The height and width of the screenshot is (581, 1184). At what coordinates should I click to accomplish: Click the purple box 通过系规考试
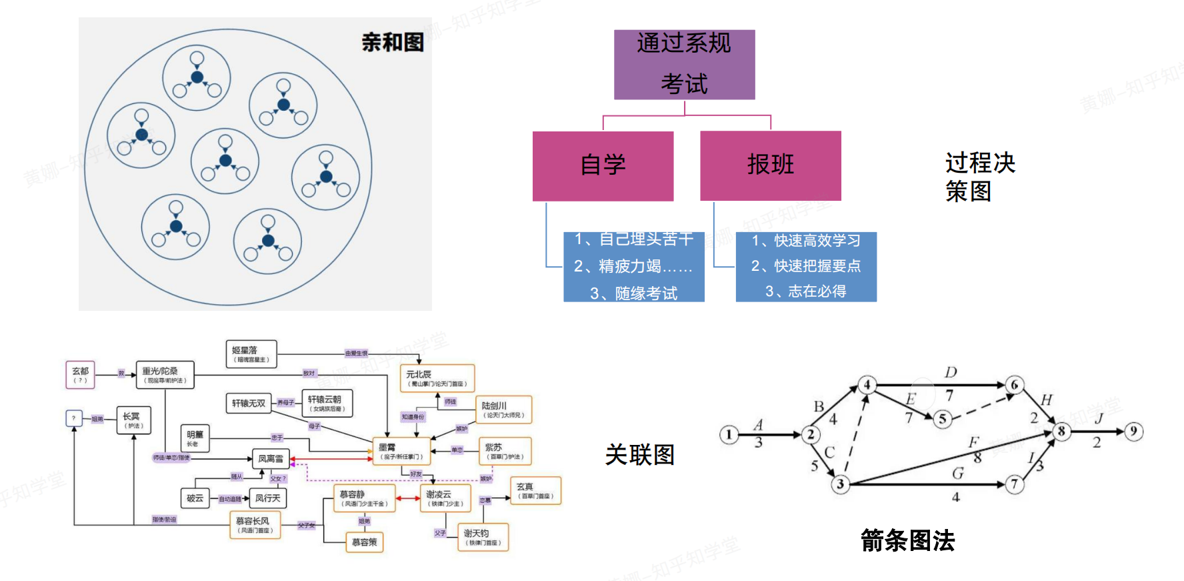click(684, 64)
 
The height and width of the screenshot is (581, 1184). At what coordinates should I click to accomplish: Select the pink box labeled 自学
click(603, 165)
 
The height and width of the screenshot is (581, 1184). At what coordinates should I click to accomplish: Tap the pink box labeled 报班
click(770, 165)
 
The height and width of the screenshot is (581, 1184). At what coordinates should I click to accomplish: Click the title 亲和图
click(393, 43)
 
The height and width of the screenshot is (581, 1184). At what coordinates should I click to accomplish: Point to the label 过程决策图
click(979, 177)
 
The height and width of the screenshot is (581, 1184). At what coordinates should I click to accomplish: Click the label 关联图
click(639, 455)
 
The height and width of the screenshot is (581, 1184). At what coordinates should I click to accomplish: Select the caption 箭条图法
click(907, 540)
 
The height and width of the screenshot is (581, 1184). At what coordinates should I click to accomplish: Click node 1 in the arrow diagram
click(729, 435)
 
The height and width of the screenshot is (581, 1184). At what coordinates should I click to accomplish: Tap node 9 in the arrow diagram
click(1133, 432)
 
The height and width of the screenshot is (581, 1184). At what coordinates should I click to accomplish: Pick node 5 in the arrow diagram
click(942, 419)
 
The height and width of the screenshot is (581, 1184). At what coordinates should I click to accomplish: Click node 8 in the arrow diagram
click(1061, 432)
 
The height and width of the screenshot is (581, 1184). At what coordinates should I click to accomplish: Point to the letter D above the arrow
click(951, 372)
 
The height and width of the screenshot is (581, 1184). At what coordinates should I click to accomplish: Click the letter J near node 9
click(1099, 418)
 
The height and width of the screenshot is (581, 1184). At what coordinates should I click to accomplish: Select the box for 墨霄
click(401, 451)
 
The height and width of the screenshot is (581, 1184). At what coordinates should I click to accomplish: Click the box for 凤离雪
click(271, 459)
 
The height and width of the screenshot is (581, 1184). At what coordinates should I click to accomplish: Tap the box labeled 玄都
click(80, 375)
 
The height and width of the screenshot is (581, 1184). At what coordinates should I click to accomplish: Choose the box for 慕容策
click(364, 542)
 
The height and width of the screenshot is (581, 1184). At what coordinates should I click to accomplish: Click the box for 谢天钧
click(483, 537)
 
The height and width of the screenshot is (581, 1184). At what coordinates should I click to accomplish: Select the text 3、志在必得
click(805, 292)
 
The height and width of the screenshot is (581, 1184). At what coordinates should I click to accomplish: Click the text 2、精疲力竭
click(633, 266)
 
